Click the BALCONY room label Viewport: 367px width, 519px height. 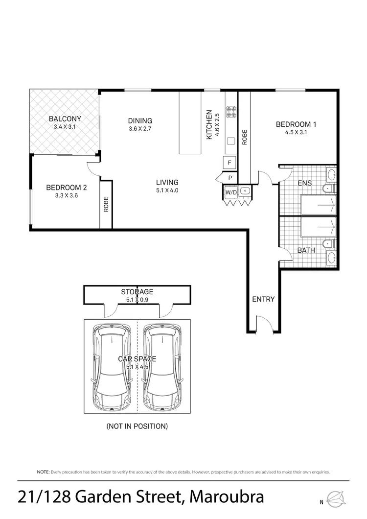(65, 118)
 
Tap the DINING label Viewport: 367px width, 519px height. (140, 121)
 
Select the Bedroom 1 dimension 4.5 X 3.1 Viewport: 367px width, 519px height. (296, 132)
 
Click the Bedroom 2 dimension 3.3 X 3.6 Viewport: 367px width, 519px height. (66, 195)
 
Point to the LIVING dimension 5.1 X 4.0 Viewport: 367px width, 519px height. (167, 190)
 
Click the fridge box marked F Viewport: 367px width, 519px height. (229, 162)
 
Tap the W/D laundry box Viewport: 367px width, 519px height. (231, 192)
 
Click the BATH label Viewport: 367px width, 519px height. (306, 250)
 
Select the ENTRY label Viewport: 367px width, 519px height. (263, 299)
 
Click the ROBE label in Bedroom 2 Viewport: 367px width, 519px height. (106, 204)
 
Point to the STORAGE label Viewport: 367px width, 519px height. (137, 292)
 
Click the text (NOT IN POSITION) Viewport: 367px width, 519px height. (137, 426)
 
